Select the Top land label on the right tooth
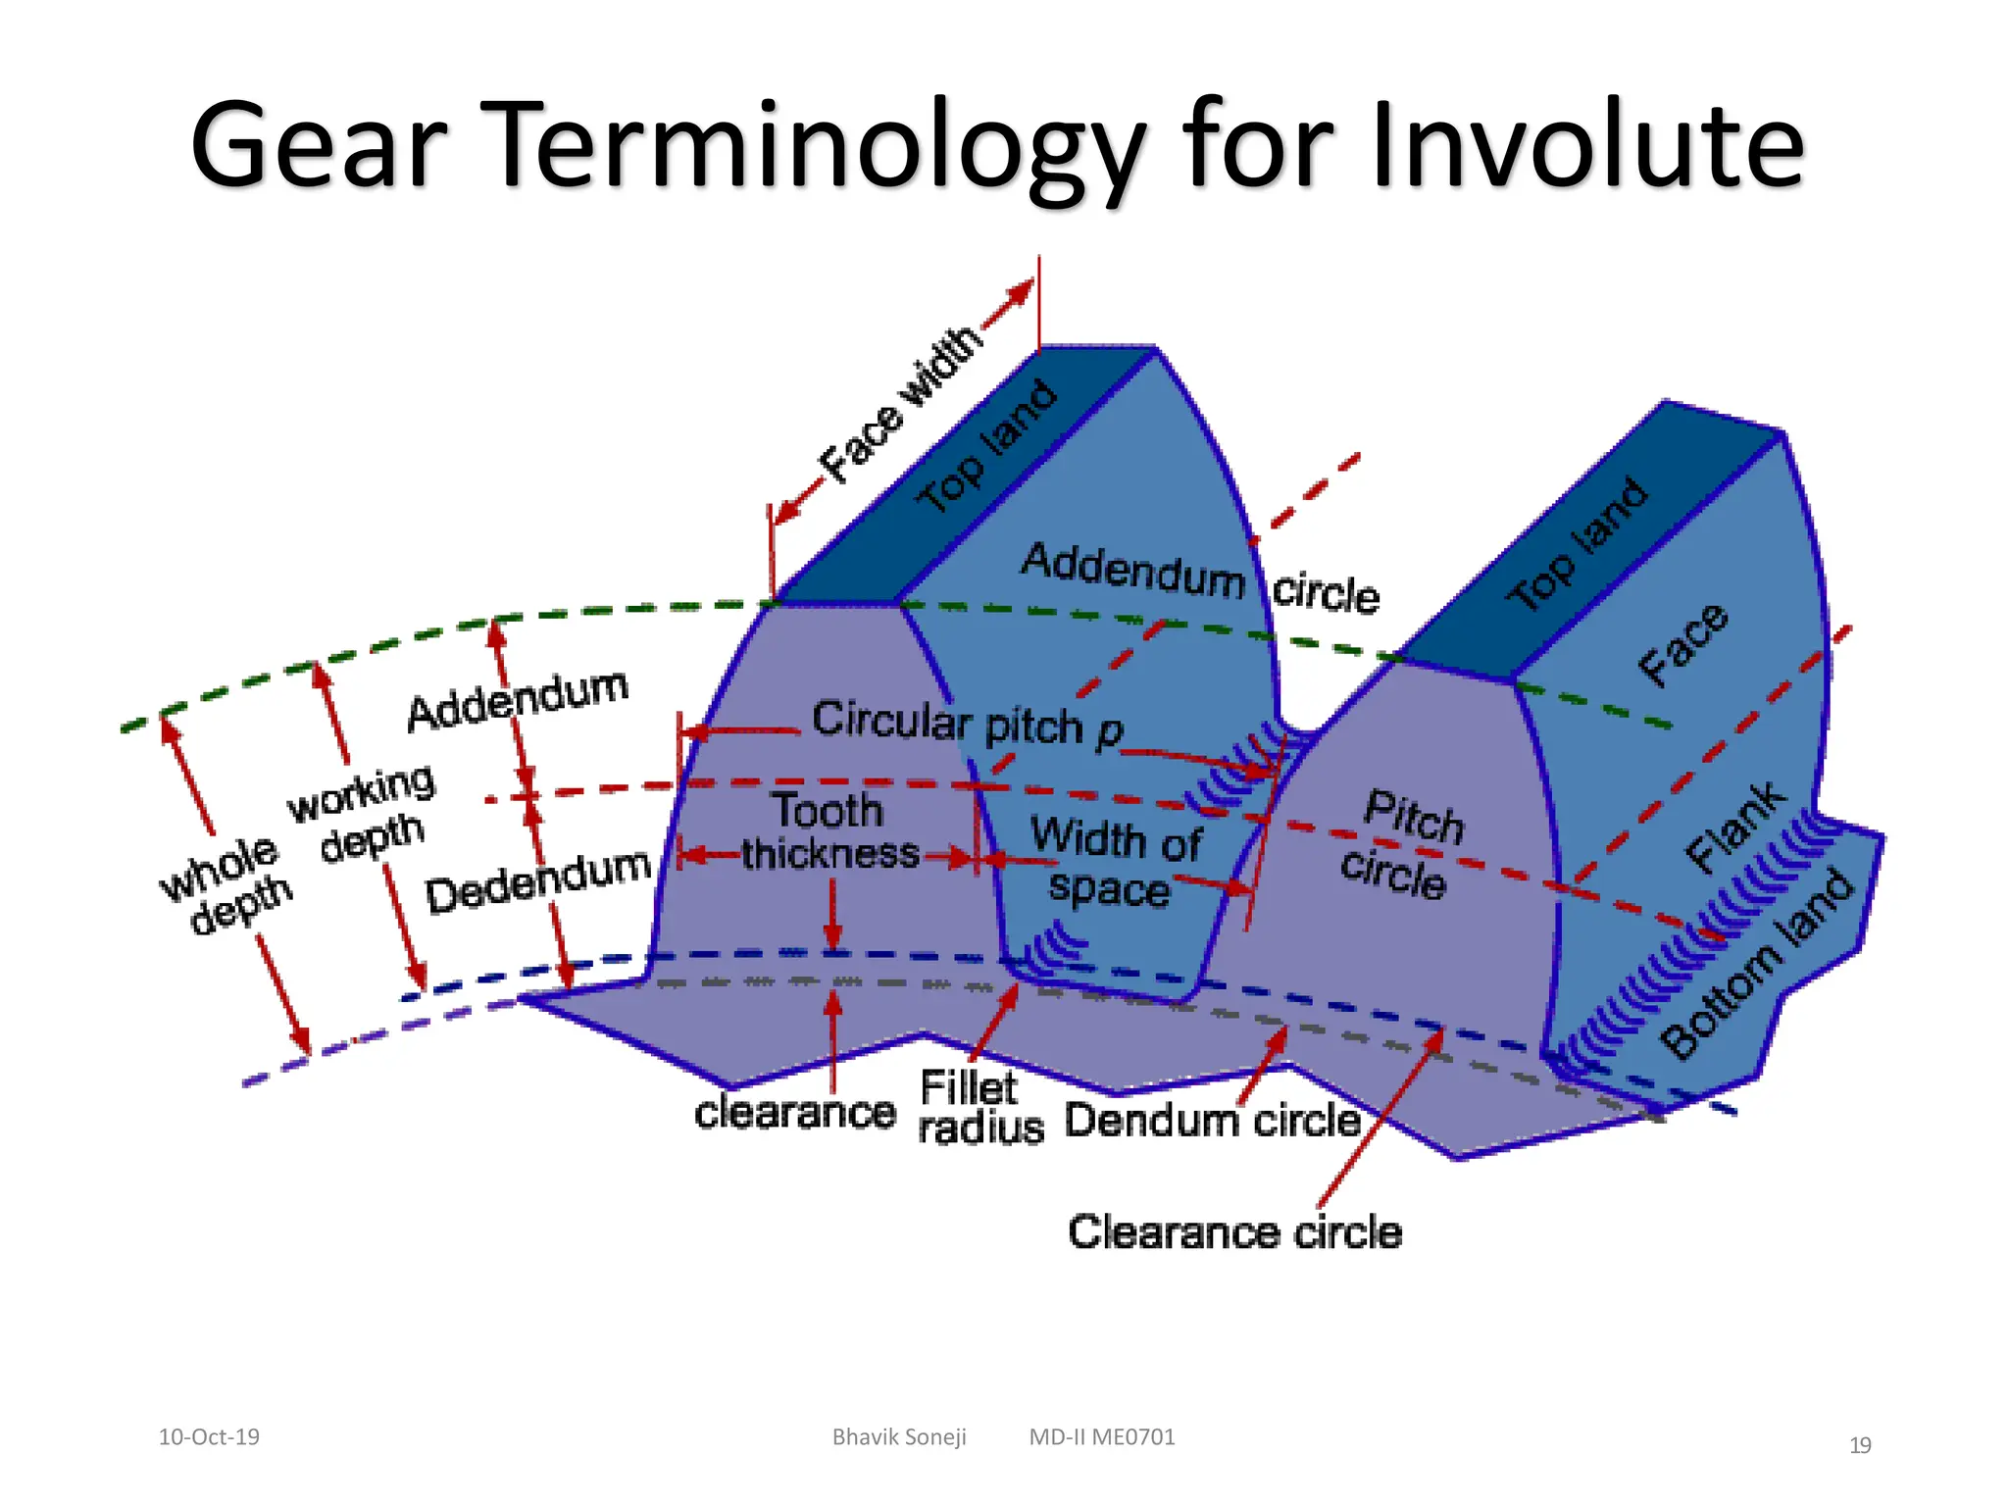1578,545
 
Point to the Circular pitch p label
967,724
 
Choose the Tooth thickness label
829,831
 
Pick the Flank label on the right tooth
1735,827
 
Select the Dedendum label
537,880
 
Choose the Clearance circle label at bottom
1234,1232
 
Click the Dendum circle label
1212,1120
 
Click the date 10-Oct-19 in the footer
209,1436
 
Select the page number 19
1859,1445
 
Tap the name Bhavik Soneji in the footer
899,1436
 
